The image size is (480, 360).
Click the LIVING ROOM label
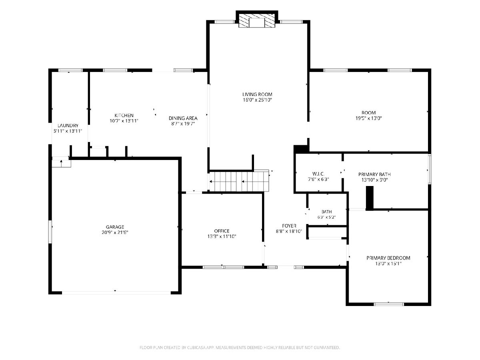257,94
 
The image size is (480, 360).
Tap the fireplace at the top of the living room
257,21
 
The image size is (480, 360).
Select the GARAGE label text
115,227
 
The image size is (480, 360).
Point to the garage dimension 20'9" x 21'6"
115,232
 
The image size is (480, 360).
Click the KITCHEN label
124,116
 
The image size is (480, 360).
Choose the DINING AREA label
183,118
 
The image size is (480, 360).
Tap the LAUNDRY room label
68,126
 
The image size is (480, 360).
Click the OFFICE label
222,231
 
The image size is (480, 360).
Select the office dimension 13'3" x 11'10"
222,236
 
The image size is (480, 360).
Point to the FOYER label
289,226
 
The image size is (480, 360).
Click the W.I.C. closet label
318,174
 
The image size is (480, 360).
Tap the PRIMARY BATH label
374,174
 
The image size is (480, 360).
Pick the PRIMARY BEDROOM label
388,258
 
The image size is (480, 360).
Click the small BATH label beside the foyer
326,212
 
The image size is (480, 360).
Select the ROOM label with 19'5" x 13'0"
369,113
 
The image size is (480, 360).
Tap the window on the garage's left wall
50,232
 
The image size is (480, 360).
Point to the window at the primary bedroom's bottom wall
389,304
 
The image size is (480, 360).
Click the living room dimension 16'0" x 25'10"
257,100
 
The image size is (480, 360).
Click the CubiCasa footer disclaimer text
240,348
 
